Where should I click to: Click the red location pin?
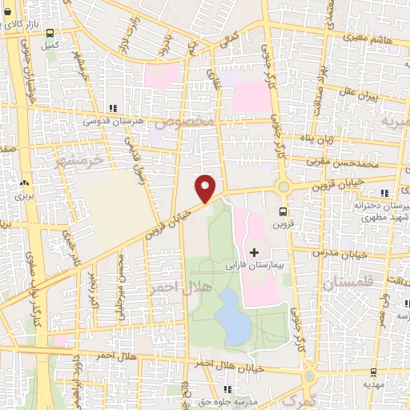point(206,188)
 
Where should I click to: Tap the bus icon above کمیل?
point(51,34)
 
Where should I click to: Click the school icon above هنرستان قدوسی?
point(112,107)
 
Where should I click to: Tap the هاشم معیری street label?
point(366,37)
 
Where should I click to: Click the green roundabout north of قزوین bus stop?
point(283,187)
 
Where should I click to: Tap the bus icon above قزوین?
point(283,211)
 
